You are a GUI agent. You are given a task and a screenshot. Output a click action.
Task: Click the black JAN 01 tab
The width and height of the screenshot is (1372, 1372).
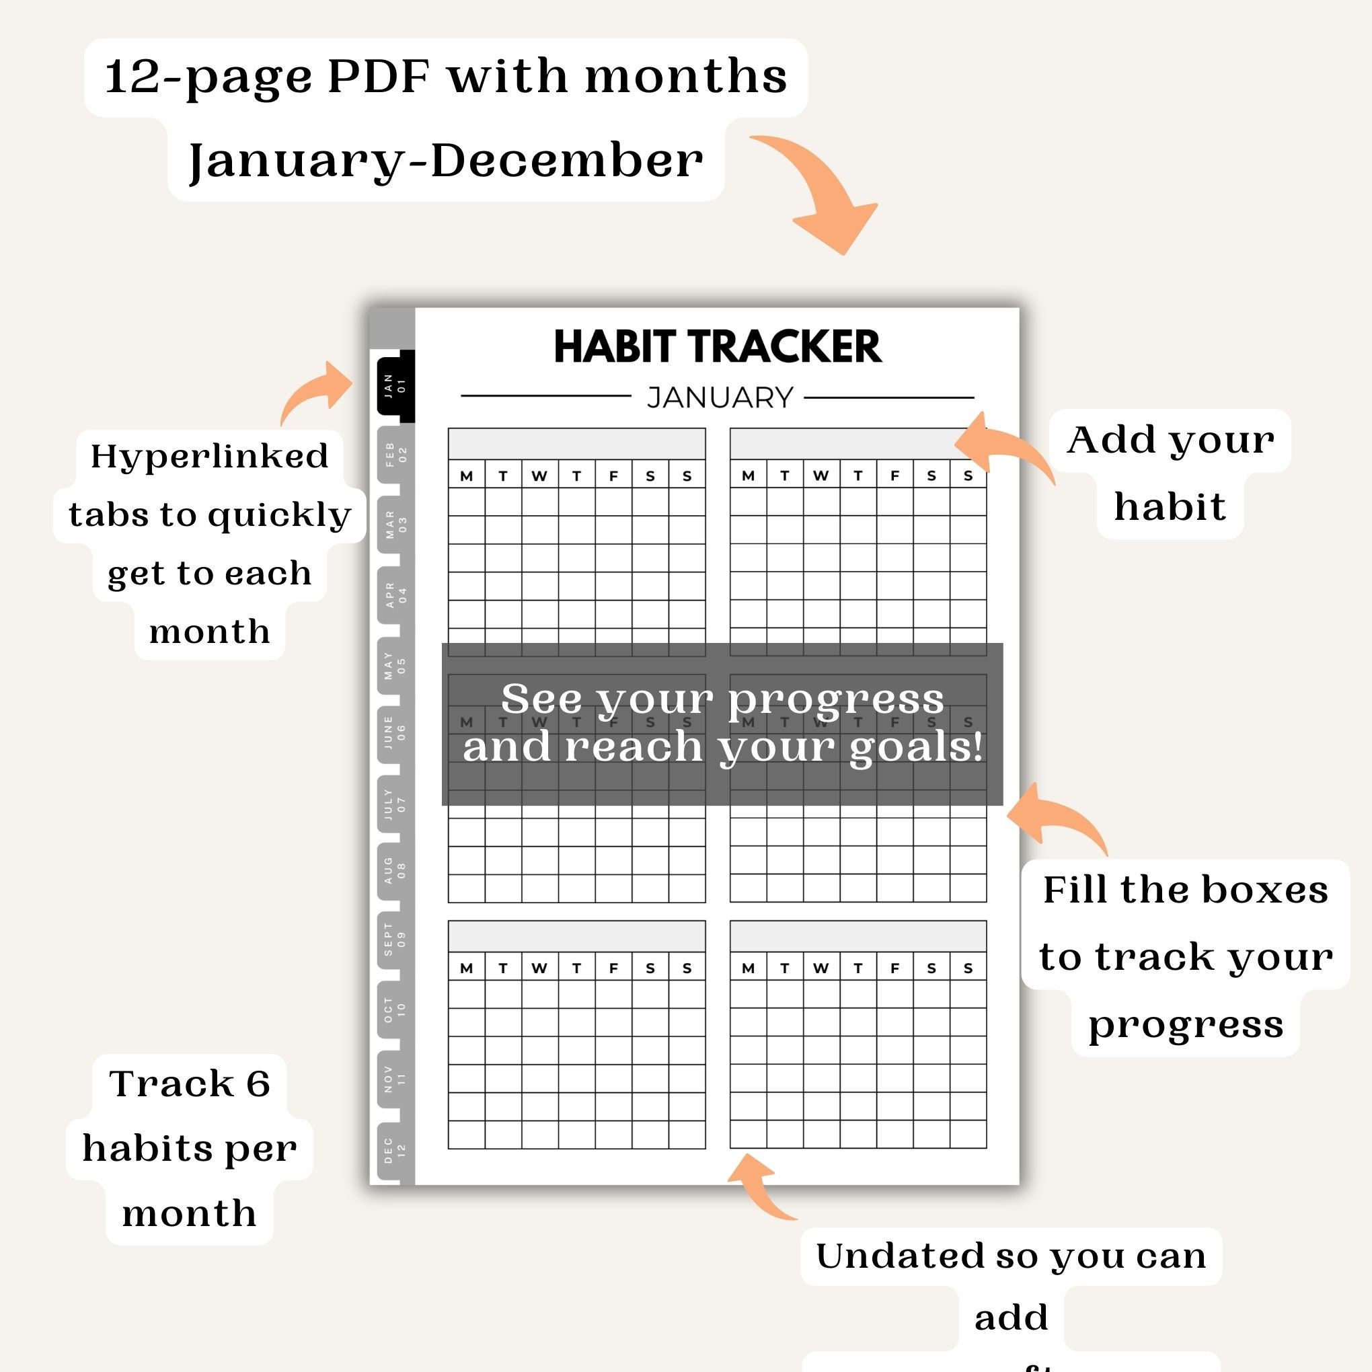(x=395, y=385)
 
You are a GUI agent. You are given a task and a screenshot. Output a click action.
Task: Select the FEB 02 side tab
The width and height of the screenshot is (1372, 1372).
(x=395, y=455)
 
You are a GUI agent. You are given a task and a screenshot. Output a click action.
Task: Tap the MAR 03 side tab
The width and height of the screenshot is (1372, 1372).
(x=395, y=524)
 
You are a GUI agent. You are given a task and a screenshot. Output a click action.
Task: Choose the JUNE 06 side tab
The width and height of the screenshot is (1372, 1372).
(x=395, y=732)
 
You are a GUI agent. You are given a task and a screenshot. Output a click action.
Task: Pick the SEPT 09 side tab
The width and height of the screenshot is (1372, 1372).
(x=395, y=939)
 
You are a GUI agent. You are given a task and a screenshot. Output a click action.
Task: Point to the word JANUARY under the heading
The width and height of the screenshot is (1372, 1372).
(x=720, y=397)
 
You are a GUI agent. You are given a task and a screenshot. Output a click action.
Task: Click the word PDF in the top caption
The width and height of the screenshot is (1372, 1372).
(x=379, y=76)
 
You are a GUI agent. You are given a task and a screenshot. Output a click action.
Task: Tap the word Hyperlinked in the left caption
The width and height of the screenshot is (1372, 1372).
(x=209, y=456)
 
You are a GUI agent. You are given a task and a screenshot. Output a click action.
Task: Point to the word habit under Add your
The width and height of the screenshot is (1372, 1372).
(x=1170, y=507)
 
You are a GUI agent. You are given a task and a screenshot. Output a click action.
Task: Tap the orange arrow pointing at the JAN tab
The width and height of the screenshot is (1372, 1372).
(x=319, y=391)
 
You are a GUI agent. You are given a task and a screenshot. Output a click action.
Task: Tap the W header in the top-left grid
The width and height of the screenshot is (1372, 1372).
(x=539, y=475)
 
